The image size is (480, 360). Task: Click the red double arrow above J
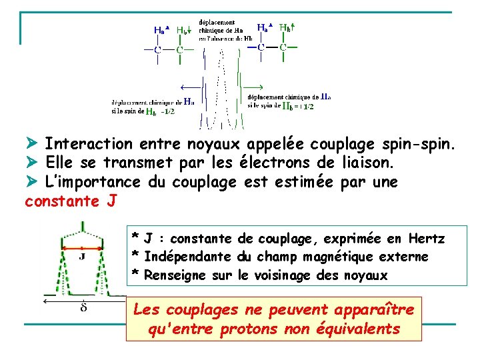click(x=81, y=247)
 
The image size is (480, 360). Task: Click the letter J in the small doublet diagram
click(x=81, y=255)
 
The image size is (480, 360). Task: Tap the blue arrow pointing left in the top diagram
click(x=191, y=87)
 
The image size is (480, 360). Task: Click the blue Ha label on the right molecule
click(x=262, y=28)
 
